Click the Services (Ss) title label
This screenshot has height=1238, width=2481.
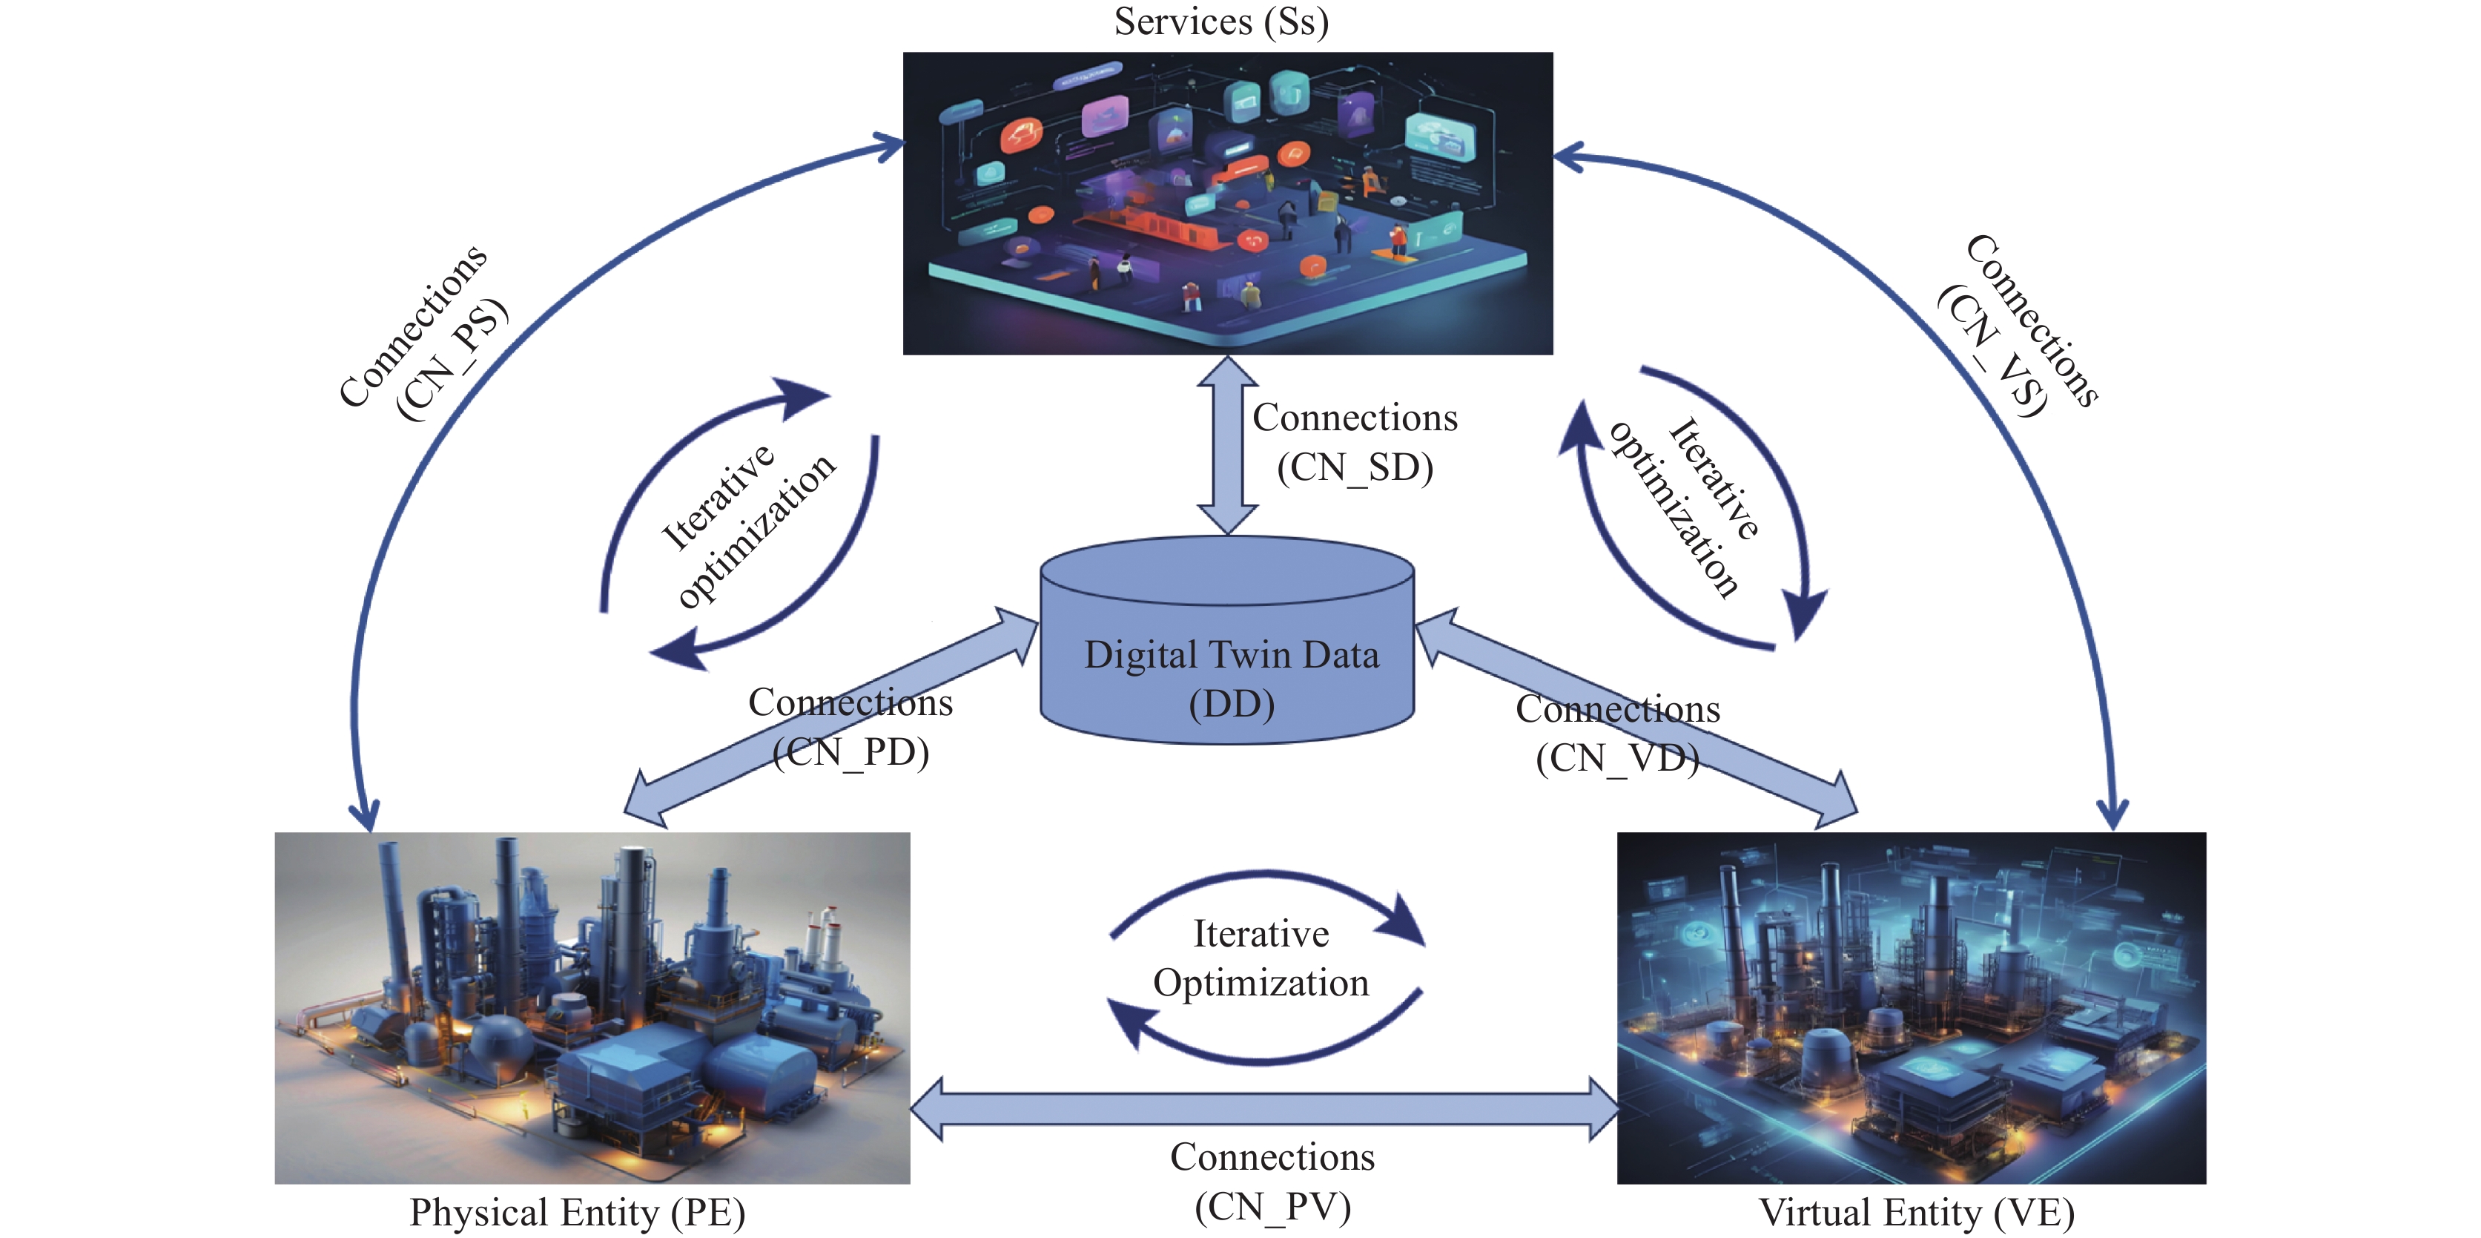[x=1221, y=22]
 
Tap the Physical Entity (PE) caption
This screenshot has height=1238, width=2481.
[x=577, y=1212]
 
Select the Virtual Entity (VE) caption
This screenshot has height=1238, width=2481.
[x=1916, y=1212]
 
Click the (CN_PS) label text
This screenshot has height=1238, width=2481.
[x=452, y=360]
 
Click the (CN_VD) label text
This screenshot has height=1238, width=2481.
[x=1617, y=758]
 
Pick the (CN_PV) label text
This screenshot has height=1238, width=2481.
[x=1272, y=1206]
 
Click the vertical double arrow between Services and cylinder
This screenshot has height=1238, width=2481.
[x=1227, y=445]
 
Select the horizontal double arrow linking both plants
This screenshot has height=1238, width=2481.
[x=1263, y=1109]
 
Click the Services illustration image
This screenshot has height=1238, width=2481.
[x=1227, y=203]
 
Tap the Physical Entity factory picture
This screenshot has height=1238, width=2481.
[x=592, y=1008]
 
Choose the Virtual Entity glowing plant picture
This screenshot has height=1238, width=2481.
[x=1911, y=1008]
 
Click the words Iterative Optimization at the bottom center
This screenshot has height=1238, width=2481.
[x=1261, y=958]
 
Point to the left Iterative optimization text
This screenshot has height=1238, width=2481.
[x=747, y=525]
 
